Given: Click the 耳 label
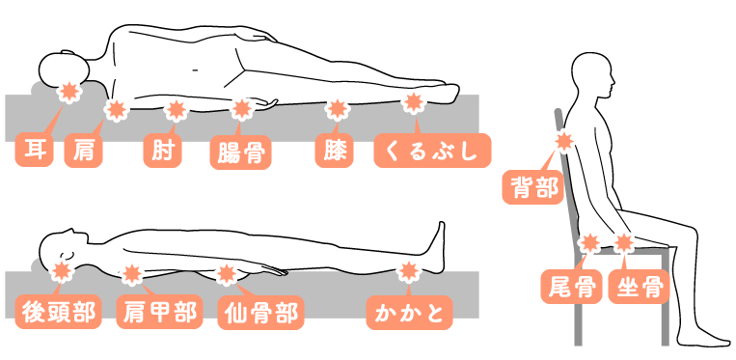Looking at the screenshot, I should click(x=35, y=152).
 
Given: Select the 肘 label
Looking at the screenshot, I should click(x=160, y=152).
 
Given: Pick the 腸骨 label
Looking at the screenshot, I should click(x=238, y=152).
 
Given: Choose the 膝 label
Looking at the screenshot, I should click(x=335, y=152).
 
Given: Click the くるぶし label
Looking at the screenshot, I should click(x=432, y=152).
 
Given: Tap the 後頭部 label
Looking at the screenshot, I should click(x=59, y=312).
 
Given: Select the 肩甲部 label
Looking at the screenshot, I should click(x=158, y=312).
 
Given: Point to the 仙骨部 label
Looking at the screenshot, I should click(x=259, y=312).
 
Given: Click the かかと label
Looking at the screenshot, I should click(x=410, y=312).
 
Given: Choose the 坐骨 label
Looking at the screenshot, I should click(x=635, y=287).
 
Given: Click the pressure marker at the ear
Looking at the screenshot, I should click(x=68, y=93).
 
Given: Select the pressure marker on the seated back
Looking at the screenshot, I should click(x=563, y=143).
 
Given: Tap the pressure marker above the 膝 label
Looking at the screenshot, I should click(x=336, y=108).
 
